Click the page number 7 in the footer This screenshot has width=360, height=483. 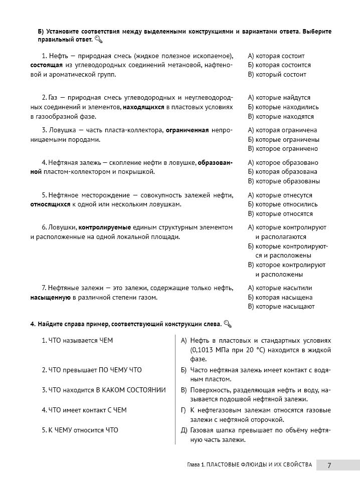tap(329, 464)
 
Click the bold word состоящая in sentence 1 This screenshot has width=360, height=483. tap(47, 65)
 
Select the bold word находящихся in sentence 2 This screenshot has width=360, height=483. tap(143, 107)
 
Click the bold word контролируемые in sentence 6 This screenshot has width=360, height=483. tap(104, 227)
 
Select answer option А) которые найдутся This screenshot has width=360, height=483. tap(279, 98)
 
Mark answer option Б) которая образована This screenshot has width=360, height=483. tap(283, 172)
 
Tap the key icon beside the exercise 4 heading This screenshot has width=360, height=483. tap(227, 324)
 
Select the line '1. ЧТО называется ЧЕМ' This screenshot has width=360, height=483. tap(77, 341)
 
